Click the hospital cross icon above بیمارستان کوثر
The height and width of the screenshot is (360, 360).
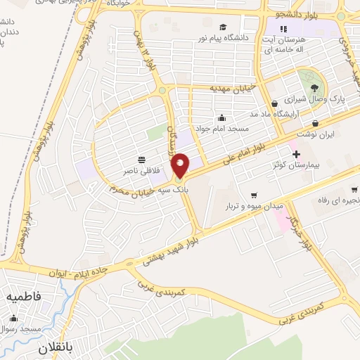pos(295,154)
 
